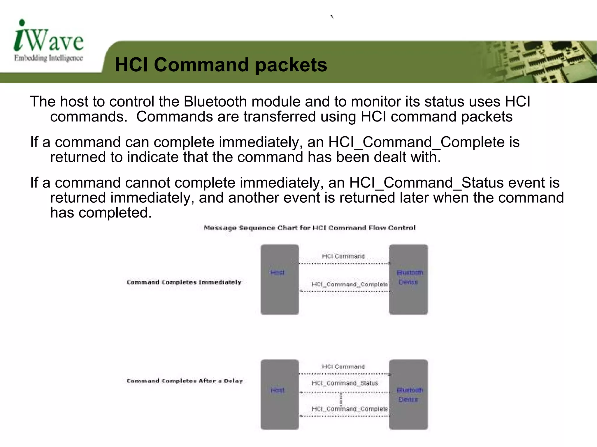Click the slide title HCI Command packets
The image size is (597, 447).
221,65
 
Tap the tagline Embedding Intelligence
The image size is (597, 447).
48,58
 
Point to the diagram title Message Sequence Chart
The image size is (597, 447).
309,228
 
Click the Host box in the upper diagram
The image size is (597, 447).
280,279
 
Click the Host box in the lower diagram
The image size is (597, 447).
280,394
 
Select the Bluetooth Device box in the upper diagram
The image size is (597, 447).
408,279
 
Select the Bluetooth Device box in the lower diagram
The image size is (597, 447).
408,394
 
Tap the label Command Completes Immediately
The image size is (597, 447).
184,282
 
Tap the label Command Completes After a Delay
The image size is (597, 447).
185,381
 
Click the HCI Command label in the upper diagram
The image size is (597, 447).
343,256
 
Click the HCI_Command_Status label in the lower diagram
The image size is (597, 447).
345,383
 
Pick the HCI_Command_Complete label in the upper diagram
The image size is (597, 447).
350,284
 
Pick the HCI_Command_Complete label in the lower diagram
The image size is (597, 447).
350,409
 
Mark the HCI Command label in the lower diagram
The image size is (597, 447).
343,367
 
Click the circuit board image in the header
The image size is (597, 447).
539,62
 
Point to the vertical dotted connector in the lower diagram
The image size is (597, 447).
341,400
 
